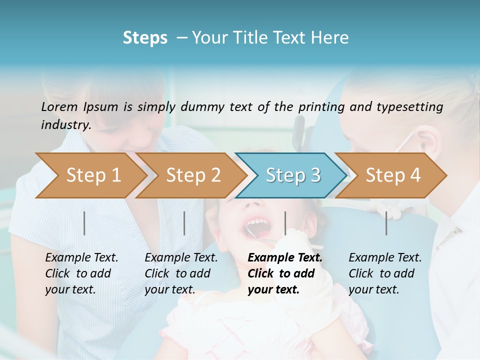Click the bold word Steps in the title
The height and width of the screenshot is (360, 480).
point(145,38)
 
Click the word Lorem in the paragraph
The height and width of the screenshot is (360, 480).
point(59,106)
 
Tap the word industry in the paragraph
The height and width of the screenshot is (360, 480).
point(65,125)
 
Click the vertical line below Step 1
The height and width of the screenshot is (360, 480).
point(84,223)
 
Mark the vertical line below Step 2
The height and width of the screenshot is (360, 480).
point(184,223)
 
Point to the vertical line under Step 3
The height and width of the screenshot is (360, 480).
point(285,223)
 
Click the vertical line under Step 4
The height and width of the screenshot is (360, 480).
point(386,223)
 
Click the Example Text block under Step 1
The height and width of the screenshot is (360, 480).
point(81,273)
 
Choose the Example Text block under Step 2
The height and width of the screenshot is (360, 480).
point(181,273)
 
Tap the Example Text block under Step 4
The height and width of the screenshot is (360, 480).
point(385,273)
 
